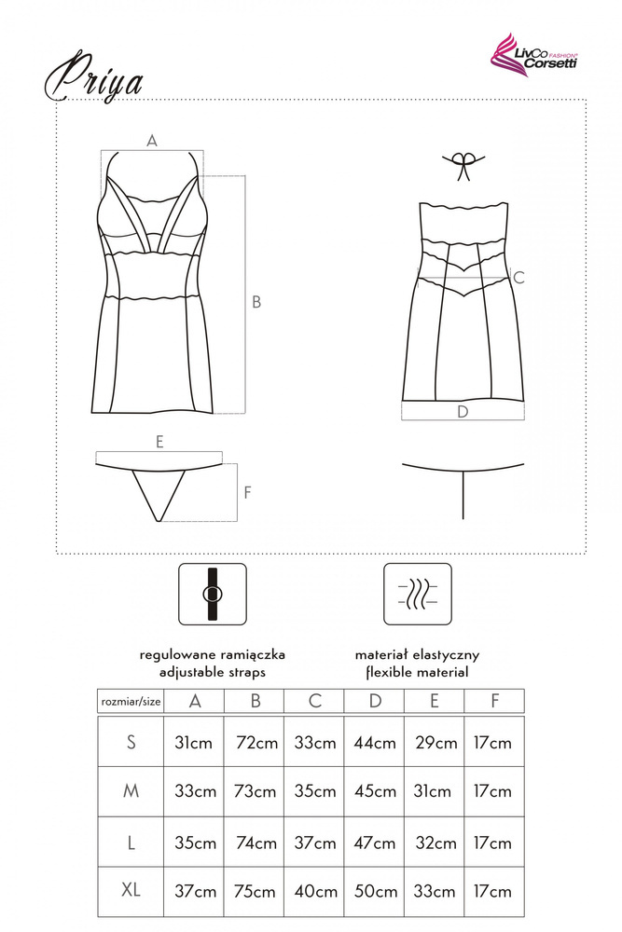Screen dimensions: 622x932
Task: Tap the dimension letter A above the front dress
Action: [x=152, y=141]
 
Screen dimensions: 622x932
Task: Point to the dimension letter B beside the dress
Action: [x=256, y=302]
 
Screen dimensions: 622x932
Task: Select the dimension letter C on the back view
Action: [x=518, y=277]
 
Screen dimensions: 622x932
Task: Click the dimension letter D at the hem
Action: [x=463, y=411]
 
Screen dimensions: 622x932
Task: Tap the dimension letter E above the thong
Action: [x=159, y=442]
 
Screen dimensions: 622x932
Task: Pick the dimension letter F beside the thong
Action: [x=248, y=492]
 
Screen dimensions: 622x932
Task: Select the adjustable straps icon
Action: [x=213, y=594]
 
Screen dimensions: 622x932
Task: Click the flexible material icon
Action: [x=418, y=594]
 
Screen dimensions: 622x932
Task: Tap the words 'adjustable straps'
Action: [x=213, y=672]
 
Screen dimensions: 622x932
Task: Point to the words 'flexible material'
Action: [x=418, y=672]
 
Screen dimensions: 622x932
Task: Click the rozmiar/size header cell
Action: [x=131, y=702]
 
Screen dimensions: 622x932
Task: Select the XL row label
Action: [x=131, y=890]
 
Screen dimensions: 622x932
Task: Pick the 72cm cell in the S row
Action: [x=256, y=743]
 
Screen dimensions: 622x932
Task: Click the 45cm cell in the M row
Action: [x=375, y=791]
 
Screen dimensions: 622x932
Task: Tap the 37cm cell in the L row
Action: [x=315, y=843]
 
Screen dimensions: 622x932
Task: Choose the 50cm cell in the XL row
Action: [x=376, y=892]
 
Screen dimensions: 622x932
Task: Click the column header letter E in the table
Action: [x=434, y=702]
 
